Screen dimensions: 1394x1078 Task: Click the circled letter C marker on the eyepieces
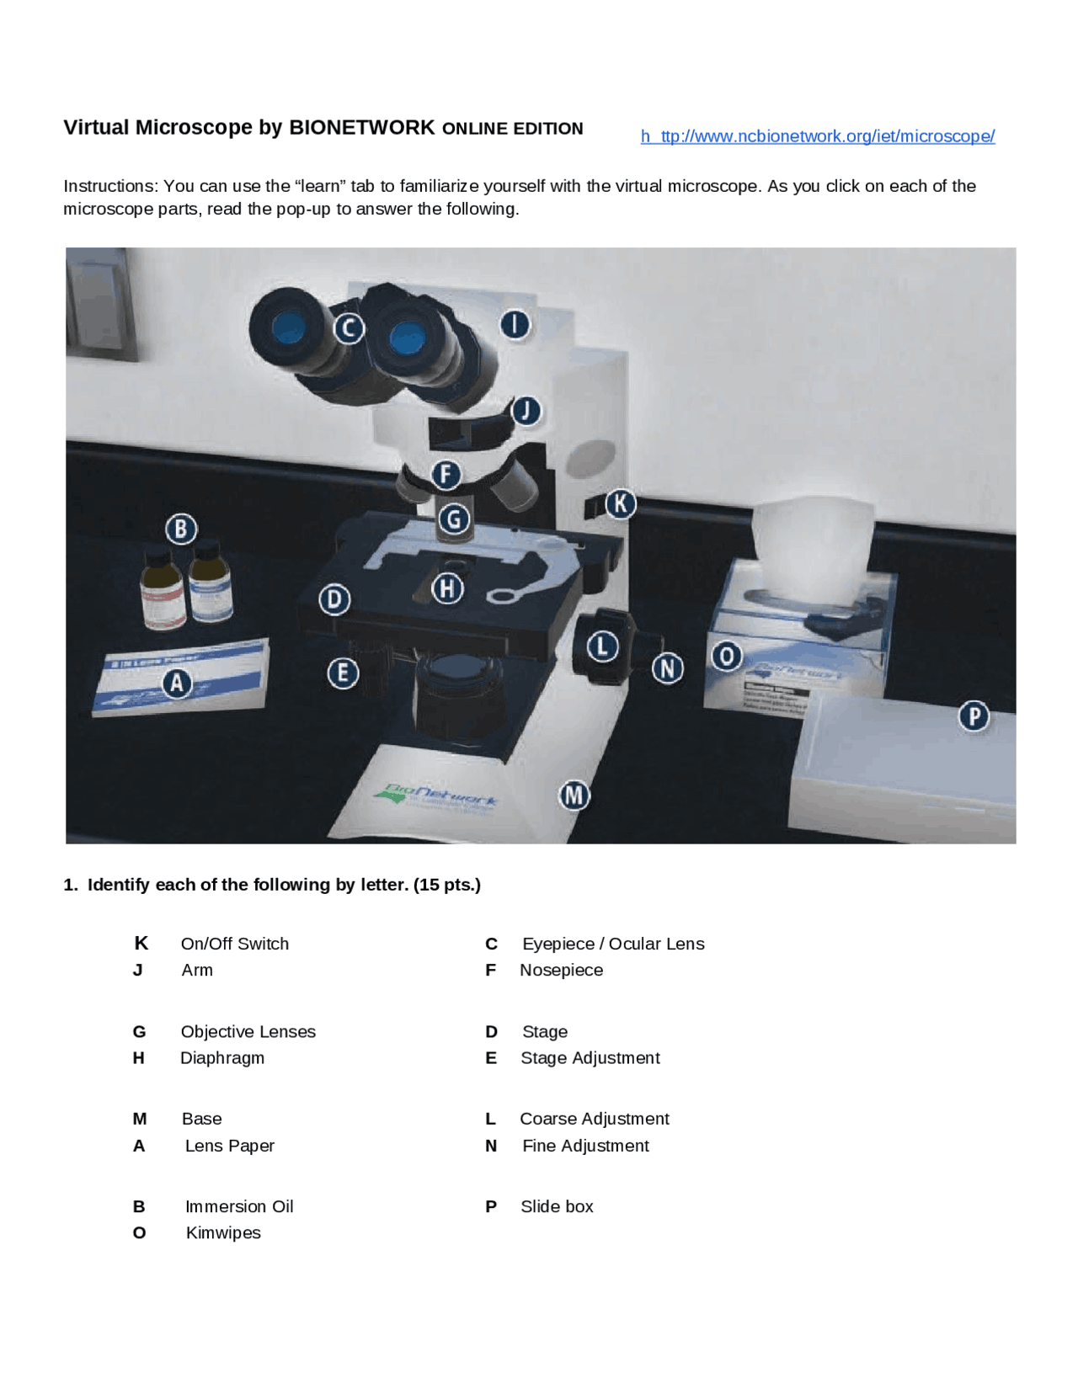point(349,327)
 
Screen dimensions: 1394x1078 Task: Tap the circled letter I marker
point(515,324)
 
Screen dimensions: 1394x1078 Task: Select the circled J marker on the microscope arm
point(526,411)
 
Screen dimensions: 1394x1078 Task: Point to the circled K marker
point(621,503)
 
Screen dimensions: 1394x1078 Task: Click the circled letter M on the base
point(574,795)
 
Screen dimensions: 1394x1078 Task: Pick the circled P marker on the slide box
point(974,716)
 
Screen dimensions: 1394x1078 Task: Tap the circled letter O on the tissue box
point(727,656)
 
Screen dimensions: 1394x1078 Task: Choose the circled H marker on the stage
point(447,588)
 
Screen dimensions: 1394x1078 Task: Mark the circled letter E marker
point(343,673)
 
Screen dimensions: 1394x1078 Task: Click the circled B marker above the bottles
point(181,529)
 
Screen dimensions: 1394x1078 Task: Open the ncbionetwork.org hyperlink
point(817,136)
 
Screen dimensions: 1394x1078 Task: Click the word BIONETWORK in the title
point(361,127)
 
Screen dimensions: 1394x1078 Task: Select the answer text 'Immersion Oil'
point(239,1206)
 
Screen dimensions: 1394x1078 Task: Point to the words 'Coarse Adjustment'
point(594,1119)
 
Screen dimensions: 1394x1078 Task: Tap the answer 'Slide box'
point(557,1206)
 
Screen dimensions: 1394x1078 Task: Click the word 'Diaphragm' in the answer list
point(222,1057)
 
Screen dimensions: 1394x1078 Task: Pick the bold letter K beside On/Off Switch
point(141,943)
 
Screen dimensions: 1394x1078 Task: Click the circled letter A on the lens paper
point(177,683)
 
